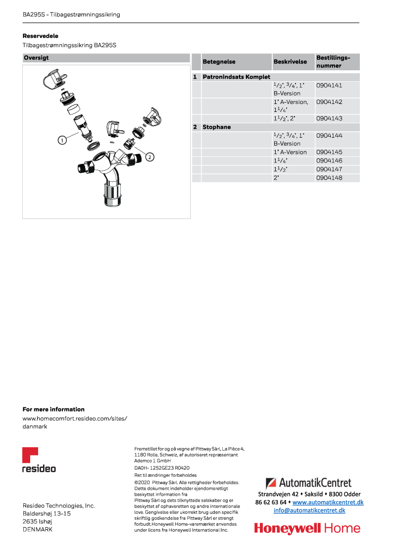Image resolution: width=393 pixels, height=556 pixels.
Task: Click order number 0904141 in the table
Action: [x=329, y=85]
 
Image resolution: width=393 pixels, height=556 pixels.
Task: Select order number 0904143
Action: [x=329, y=119]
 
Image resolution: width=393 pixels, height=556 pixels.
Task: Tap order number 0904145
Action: [x=329, y=152]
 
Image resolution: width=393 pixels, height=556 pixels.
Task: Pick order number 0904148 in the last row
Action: [x=329, y=178]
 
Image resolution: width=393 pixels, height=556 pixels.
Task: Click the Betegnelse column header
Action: [x=219, y=62]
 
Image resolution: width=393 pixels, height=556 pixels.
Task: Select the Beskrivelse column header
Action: [x=290, y=62]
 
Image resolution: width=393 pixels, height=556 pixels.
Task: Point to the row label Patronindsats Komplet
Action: [x=236, y=77]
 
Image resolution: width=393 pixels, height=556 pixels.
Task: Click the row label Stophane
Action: [x=217, y=127]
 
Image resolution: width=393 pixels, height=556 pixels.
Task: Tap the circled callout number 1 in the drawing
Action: [x=62, y=140]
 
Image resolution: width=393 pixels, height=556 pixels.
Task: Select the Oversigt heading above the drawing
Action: [x=36, y=58]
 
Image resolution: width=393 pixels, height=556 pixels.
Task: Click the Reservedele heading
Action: [x=41, y=36]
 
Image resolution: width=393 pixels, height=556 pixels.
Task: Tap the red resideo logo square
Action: [x=30, y=455]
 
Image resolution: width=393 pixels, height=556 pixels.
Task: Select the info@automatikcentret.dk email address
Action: [x=309, y=510]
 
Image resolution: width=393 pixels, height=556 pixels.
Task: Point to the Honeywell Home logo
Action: [x=307, y=528]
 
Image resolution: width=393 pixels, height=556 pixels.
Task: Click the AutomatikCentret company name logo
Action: [x=308, y=482]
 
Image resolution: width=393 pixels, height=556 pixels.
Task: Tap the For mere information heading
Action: [x=53, y=409]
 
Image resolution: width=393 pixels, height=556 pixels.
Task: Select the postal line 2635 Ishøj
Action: [x=37, y=521]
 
